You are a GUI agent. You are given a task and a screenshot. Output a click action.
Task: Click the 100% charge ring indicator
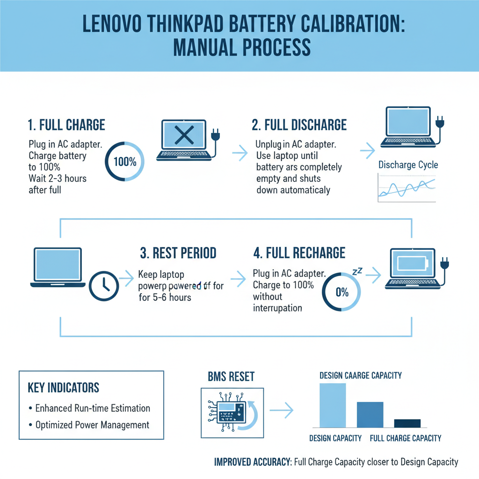(x=125, y=162)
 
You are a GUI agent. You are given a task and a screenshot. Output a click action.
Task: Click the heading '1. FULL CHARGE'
(x=66, y=125)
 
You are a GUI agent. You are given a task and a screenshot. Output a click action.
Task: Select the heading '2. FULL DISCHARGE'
(x=299, y=125)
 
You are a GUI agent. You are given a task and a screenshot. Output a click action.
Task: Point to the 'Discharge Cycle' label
(x=408, y=165)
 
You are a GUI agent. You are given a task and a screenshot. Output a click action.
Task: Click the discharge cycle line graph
(x=406, y=188)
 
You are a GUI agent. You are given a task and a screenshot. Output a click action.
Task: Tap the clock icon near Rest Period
(x=103, y=285)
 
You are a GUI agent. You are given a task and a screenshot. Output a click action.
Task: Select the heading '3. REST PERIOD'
(x=178, y=253)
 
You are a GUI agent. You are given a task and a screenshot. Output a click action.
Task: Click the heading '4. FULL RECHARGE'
(x=299, y=253)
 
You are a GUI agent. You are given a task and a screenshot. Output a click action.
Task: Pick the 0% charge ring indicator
(x=342, y=292)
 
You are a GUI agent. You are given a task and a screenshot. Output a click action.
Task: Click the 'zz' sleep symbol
(x=357, y=271)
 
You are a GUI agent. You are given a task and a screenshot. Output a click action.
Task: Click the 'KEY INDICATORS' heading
(x=63, y=387)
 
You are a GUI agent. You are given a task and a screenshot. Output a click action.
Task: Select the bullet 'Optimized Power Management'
(x=92, y=425)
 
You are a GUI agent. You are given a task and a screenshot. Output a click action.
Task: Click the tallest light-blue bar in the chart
(x=332, y=405)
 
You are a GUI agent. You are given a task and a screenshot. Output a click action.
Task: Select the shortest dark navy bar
(x=407, y=423)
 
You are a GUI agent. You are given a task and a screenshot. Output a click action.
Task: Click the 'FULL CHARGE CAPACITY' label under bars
(x=405, y=438)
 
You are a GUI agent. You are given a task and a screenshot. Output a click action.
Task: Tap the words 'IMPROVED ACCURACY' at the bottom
(x=252, y=462)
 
